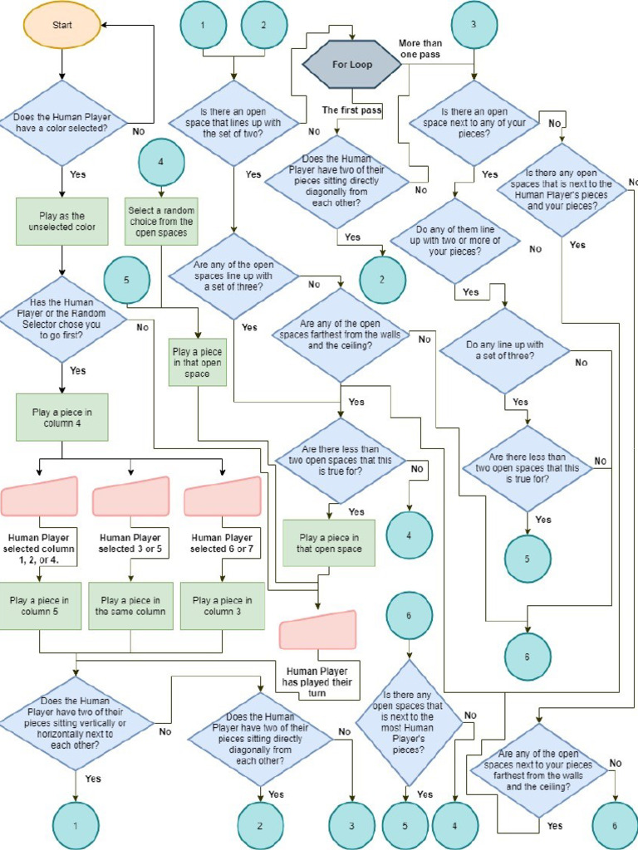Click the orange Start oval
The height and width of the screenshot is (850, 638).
coord(62,25)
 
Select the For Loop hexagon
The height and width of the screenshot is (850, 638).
coord(353,64)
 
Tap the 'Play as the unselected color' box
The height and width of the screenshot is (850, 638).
coord(62,221)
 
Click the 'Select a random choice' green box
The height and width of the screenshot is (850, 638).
coord(161,221)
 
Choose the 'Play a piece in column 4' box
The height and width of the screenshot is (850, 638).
coord(62,417)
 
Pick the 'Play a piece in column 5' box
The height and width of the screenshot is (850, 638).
coord(40,606)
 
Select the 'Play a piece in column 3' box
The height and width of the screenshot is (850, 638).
coord(223,606)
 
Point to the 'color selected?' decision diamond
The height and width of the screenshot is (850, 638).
coord(62,123)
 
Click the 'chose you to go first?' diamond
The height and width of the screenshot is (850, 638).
coord(62,320)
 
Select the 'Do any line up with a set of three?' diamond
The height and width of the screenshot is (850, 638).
coord(504,349)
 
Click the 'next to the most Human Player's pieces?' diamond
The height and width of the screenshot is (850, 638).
coord(408,722)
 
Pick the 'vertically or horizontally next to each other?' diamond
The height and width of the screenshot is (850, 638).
coord(76,722)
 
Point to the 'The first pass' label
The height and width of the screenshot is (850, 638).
coord(352,110)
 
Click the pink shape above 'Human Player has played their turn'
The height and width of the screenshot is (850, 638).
coord(318,630)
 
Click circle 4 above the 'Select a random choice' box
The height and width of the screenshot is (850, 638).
coord(161,161)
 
